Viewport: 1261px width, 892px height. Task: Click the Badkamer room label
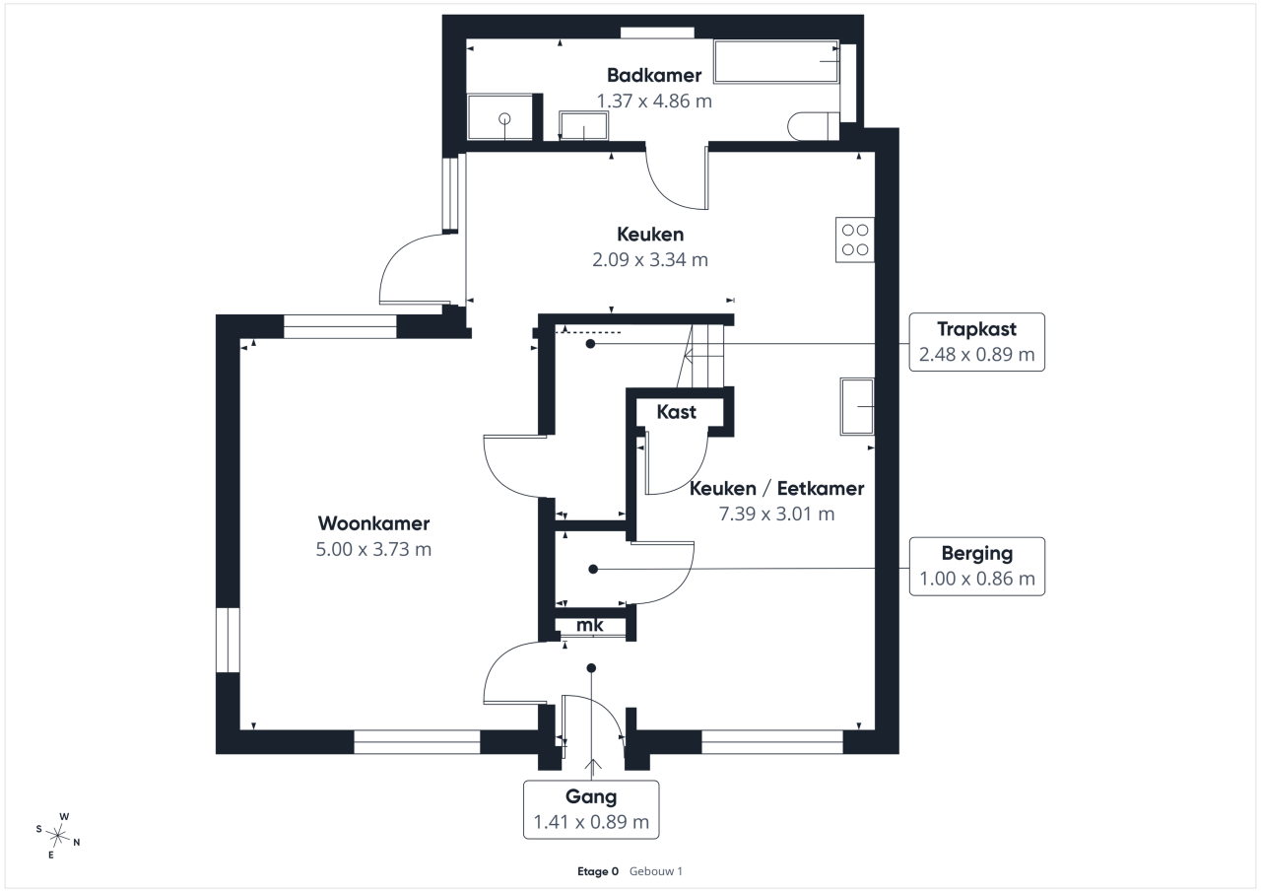pos(654,75)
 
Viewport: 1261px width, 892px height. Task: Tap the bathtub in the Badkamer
pos(776,61)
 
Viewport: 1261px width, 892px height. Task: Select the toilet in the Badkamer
pos(814,126)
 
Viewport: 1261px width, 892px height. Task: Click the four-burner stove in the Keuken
pos(854,240)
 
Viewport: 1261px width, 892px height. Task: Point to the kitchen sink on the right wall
pos(857,407)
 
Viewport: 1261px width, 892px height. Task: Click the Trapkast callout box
pos(976,342)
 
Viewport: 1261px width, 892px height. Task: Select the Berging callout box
pos(976,566)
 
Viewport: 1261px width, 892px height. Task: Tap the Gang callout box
pos(591,810)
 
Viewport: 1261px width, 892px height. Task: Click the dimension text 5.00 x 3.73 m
pos(373,549)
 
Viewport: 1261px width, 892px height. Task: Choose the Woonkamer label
pos(373,523)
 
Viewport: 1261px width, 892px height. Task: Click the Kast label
pos(676,412)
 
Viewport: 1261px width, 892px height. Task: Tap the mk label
pos(589,625)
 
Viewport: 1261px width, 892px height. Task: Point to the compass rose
pos(58,836)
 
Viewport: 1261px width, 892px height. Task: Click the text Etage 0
pos(598,871)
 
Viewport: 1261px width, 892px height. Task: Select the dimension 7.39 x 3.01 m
pos(776,514)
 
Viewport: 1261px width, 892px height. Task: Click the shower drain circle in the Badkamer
pos(504,119)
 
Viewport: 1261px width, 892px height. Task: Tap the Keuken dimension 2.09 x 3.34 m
pos(649,259)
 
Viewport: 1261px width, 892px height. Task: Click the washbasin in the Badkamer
pos(584,125)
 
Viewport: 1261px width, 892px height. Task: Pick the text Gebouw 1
pos(656,871)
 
